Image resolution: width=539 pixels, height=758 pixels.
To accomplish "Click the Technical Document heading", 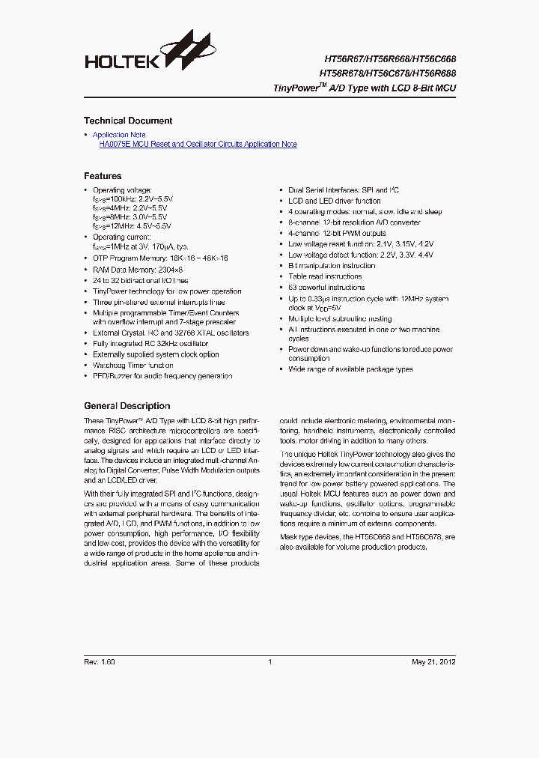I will (128, 121).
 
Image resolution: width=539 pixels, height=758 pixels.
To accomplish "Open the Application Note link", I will (119, 135).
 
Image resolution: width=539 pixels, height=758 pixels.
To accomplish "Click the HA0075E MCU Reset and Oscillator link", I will (198, 144).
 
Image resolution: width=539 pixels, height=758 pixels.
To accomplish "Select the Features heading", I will (103, 176).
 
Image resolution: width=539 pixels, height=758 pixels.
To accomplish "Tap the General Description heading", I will (127, 406).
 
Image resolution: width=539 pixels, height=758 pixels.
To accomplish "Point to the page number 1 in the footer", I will (269, 661).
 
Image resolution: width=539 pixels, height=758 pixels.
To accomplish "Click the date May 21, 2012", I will (433, 661).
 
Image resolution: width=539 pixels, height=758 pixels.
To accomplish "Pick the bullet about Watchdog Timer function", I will (133, 365).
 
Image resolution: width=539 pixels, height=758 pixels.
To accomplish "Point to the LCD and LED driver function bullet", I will (334, 201).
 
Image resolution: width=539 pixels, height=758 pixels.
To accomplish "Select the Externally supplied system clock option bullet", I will (156, 354).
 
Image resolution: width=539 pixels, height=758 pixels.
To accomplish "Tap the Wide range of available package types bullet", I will (350, 369).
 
